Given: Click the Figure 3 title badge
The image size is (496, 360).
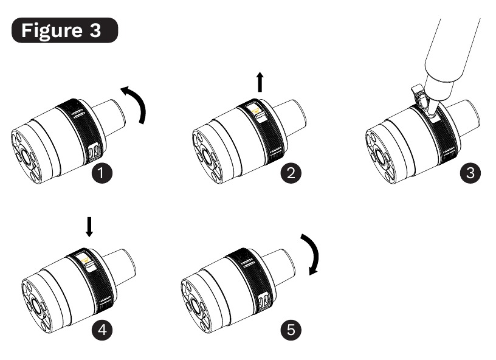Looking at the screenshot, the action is coord(64,30).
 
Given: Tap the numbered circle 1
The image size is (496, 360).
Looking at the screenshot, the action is coord(102,173).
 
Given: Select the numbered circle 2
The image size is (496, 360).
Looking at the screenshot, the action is coord(291,173).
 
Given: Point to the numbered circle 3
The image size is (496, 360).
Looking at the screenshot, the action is coord(470,173).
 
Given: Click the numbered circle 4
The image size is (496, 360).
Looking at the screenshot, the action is coord(102,330).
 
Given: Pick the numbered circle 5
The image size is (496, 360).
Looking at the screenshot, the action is coord(291,330).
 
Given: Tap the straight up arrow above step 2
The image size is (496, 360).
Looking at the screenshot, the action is coord(260,82).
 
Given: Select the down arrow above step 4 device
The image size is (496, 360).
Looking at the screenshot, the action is coord(89,227).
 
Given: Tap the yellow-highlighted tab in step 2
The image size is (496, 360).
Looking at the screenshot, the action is coord(255,111).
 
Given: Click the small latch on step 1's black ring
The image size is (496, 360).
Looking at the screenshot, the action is coord(94,151).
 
